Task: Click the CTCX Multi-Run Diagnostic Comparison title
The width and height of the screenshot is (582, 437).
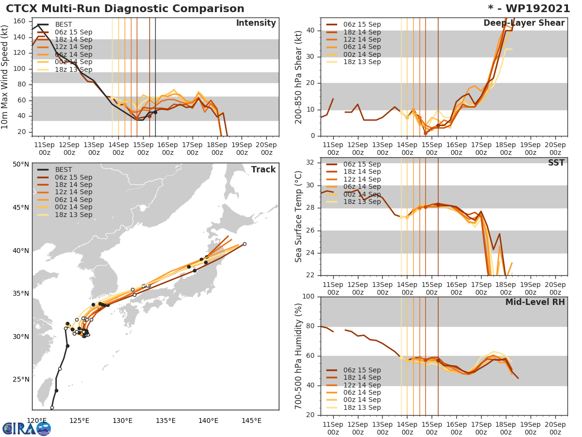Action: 125,9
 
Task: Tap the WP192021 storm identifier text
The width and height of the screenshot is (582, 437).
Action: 533,9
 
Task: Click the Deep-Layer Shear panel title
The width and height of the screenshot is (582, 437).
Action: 524,23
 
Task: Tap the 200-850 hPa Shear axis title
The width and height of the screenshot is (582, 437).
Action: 299,76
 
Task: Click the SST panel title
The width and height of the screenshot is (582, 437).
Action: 556,163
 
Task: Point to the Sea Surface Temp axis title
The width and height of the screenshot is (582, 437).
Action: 299,216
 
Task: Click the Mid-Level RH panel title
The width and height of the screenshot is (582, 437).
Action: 535,303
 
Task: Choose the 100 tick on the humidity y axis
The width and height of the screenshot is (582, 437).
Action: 308,297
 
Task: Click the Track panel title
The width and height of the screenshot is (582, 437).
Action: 263,169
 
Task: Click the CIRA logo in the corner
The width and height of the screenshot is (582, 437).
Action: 26,428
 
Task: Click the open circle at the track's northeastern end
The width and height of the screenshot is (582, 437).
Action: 244,244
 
